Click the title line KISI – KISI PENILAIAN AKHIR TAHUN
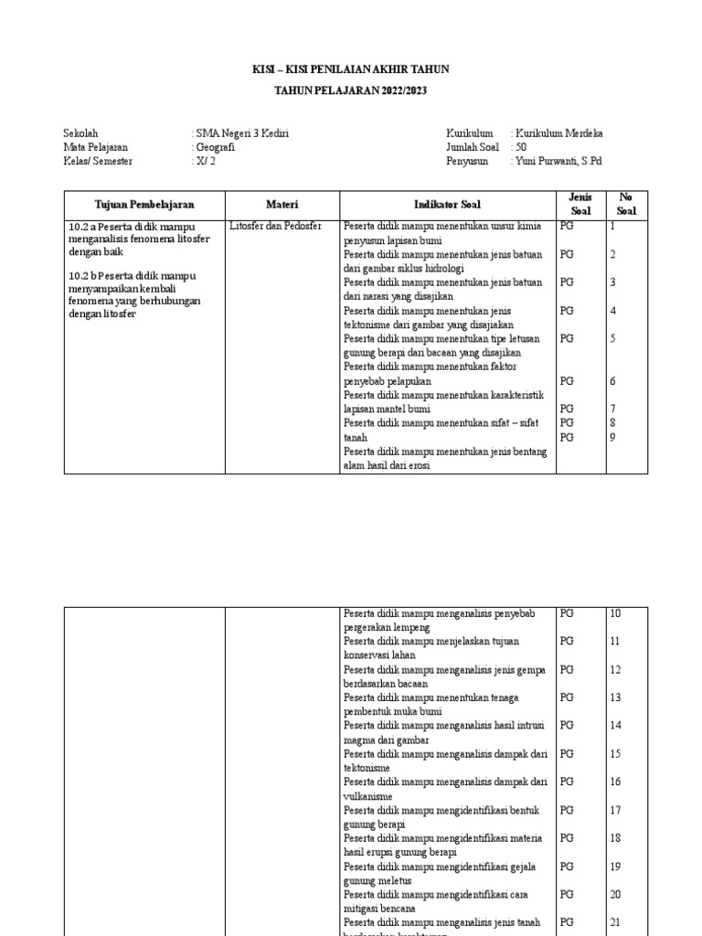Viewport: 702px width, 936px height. [x=350, y=69]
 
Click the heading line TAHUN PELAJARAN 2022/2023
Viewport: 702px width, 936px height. [x=350, y=91]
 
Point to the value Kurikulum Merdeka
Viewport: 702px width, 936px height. [x=558, y=133]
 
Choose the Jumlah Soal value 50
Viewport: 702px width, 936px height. [x=520, y=147]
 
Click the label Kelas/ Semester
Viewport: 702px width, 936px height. [x=98, y=162]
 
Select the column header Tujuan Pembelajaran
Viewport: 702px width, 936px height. [x=144, y=205]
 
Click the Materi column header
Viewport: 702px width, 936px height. [x=282, y=205]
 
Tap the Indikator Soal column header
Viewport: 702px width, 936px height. [x=447, y=205]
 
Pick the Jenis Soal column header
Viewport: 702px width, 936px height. [x=580, y=204]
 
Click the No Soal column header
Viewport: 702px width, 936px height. [x=626, y=204]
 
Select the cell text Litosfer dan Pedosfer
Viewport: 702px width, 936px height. [x=276, y=226]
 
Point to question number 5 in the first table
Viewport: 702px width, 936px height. [x=612, y=338]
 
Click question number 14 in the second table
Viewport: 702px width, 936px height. [x=615, y=726]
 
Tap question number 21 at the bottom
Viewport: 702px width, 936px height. [x=615, y=923]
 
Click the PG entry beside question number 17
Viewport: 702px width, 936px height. [x=567, y=810]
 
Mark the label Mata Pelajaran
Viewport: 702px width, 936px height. [x=96, y=147]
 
